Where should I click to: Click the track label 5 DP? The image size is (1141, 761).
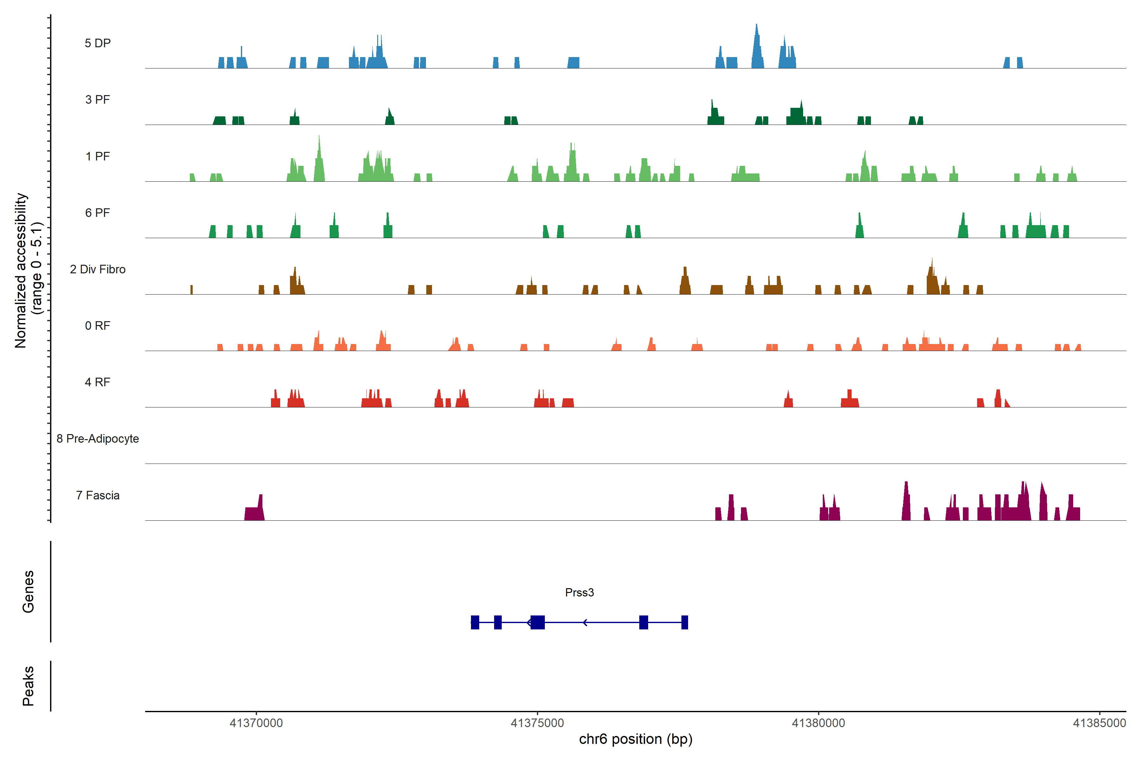(98, 43)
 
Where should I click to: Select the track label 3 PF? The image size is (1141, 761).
(98, 100)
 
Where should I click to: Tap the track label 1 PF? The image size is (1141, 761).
(98, 156)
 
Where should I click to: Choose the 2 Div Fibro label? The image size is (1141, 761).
(98, 269)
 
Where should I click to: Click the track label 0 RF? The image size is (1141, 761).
(98, 326)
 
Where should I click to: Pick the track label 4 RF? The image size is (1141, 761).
(98, 382)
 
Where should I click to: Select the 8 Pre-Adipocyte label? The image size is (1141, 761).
(98, 439)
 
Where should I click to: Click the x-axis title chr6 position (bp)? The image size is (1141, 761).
(635, 739)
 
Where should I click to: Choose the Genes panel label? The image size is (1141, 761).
(28, 592)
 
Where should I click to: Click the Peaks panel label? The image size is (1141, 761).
(28, 686)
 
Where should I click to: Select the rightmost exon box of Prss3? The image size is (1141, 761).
(685, 622)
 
